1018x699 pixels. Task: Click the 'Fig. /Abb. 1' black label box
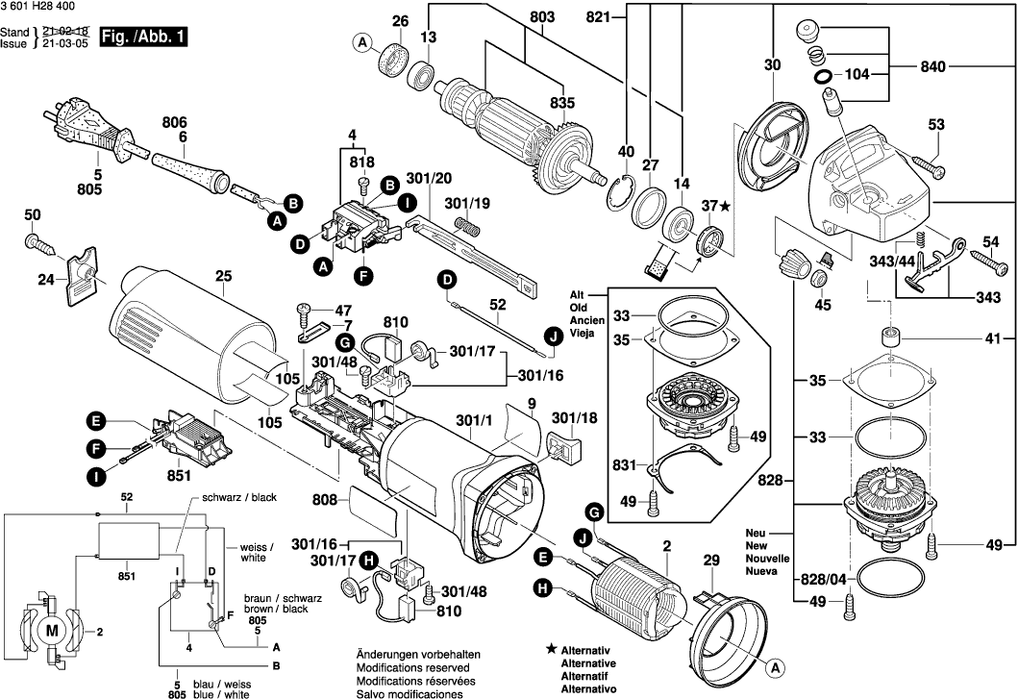[147, 37]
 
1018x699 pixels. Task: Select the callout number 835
[561, 104]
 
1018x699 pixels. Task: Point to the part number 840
[932, 66]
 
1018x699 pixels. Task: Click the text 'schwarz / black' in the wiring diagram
[238, 498]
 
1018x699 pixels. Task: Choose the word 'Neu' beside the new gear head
[756, 532]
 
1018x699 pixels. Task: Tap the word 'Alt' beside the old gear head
[576, 295]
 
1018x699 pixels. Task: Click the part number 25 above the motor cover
[224, 277]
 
